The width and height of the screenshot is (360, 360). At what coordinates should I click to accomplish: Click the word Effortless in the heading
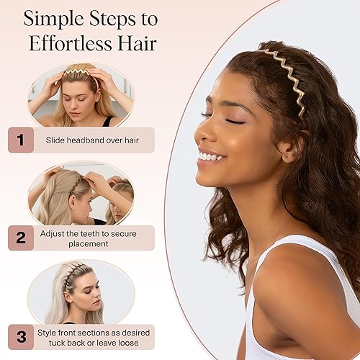click(66, 42)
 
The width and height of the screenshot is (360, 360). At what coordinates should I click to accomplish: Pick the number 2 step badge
click(21, 238)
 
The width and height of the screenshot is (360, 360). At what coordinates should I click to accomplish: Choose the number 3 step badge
click(21, 336)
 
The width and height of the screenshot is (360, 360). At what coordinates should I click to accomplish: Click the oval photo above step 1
click(80, 94)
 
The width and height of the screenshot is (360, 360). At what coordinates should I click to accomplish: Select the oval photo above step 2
click(80, 193)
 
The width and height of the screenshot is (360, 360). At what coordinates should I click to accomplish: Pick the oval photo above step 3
click(80, 292)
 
